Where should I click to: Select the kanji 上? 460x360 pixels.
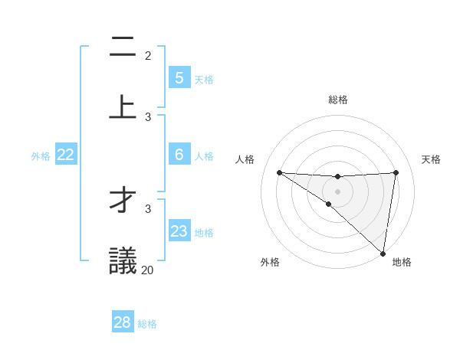point(123,106)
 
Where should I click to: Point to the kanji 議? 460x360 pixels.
point(123,260)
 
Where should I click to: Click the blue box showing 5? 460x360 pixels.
point(179,78)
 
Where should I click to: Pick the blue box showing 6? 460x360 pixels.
point(179,155)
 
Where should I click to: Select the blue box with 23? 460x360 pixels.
point(179,231)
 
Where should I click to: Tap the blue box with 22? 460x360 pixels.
point(65,155)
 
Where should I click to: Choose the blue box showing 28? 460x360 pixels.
point(122,322)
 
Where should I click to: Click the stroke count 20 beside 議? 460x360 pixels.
point(147,270)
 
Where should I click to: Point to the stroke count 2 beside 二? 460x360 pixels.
point(148,55)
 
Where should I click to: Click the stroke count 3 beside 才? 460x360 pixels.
point(148,208)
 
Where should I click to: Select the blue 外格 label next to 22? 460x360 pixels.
point(41,156)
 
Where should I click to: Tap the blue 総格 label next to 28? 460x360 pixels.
point(147,324)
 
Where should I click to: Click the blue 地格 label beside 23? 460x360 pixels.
point(204,233)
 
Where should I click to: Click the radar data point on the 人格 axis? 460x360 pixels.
point(279,172)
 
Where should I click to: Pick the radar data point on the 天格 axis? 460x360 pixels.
point(396,172)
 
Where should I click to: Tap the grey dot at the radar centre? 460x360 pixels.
point(337,191)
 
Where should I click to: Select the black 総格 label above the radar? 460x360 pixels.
point(337,100)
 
